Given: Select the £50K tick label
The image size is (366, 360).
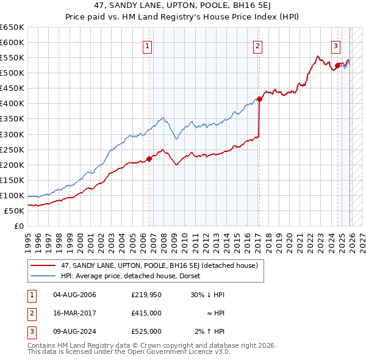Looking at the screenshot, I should (x=15, y=211).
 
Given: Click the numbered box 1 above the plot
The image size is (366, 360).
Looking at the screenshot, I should (x=148, y=45).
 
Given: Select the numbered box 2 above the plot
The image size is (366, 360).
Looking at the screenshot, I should (x=258, y=45).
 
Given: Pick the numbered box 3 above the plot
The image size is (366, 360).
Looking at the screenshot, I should (x=335, y=45).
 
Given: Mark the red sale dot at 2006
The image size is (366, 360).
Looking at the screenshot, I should (x=149, y=159).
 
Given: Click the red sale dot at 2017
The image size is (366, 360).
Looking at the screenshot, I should (x=259, y=99).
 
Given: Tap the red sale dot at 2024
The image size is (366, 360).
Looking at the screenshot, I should (x=337, y=65).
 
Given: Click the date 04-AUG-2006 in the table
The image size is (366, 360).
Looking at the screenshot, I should (x=74, y=295).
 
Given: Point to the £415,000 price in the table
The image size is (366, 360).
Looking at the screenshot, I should (x=146, y=313).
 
